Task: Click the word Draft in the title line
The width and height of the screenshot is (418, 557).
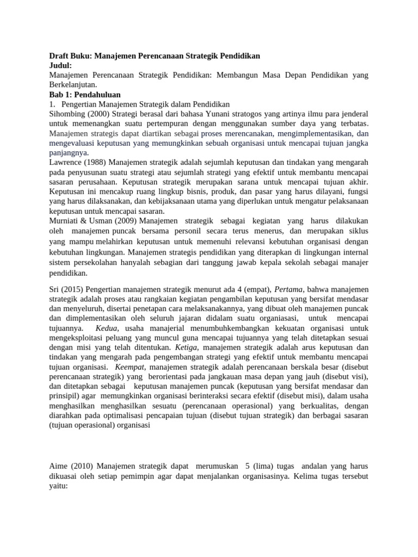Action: tap(59, 56)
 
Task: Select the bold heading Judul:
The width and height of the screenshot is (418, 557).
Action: tap(60, 65)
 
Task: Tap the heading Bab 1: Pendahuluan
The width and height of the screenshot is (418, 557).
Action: tap(85, 94)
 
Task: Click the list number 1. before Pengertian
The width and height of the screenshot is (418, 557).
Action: tap(52, 104)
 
